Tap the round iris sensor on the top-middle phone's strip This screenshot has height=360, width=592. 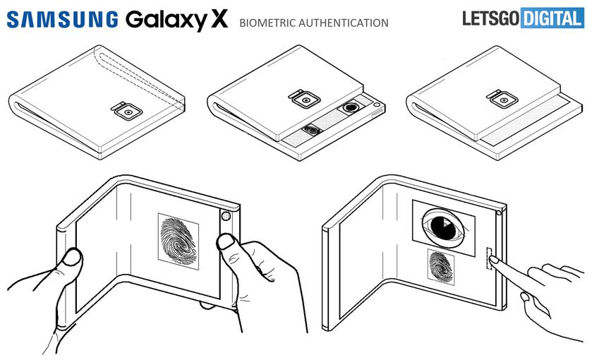click(350, 108)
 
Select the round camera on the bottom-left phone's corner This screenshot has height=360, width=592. click(226, 216)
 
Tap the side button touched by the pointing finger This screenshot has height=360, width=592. click(488, 258)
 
